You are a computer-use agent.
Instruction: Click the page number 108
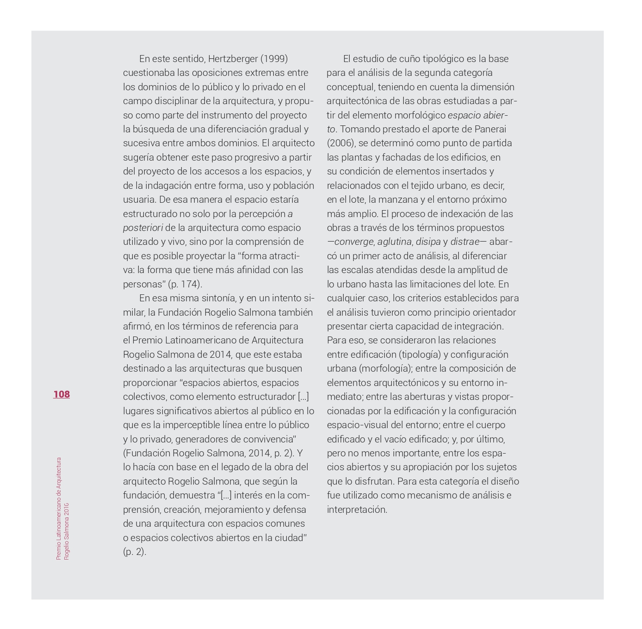point(62,394)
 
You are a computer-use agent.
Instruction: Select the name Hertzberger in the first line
point(233,59)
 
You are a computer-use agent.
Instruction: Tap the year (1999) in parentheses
point(274,59)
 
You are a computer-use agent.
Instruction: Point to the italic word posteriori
point(143,228)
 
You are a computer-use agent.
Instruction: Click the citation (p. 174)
point(185,284)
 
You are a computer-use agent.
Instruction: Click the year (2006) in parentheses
point(341,143)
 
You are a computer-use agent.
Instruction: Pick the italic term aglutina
point(395,242)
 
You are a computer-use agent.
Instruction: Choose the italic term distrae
point(465,242)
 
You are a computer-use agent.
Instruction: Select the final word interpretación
point(357,510)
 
